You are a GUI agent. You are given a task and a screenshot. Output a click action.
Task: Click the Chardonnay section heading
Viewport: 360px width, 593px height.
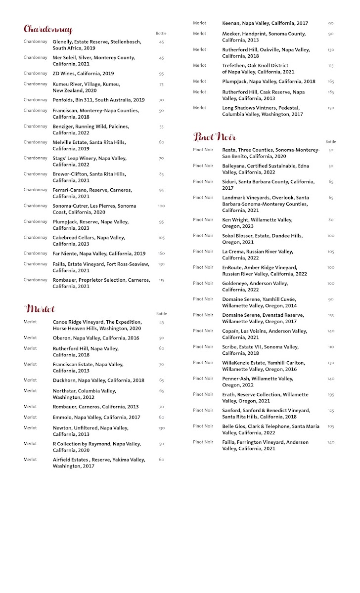click(48, 30)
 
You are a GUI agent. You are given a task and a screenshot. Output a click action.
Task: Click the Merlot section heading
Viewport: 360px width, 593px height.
click(40, 309)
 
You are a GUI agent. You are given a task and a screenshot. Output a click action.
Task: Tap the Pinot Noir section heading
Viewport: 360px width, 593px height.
click(215, 137)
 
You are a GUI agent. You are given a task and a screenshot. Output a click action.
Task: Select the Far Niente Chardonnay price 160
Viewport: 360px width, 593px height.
click(161, 254)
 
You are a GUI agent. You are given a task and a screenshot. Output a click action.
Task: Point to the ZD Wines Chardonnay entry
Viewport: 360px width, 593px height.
click(83, 74)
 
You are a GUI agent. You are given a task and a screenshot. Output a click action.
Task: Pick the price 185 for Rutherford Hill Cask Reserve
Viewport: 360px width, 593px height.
click(331, 92)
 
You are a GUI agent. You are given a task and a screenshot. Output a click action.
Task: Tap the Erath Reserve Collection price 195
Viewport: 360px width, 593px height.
click(331, 395)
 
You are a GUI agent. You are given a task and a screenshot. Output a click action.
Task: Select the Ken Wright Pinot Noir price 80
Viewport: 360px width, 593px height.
click(331, 220)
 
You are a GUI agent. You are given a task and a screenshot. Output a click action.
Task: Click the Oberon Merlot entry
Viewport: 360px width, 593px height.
click(96, 338)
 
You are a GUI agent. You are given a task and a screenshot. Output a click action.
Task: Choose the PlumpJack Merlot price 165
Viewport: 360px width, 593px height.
click(331, 82)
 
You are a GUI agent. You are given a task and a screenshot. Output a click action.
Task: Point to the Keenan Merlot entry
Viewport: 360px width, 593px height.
click(265, 23)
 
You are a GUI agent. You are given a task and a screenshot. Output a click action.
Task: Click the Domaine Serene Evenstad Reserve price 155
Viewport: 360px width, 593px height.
click(331, 315)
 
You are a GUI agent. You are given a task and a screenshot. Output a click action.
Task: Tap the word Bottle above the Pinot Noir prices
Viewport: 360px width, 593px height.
click(330, 142)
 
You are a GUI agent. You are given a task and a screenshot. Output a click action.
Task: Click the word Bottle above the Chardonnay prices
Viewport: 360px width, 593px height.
click(161, 34)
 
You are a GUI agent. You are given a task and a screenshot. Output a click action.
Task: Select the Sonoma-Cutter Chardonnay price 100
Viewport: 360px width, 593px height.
click(161, 206)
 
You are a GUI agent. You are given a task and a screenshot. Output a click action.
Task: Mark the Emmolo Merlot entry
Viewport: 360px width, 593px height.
click(96, 417)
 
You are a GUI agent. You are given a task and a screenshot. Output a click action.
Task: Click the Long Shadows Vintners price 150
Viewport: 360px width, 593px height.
click(331, 108)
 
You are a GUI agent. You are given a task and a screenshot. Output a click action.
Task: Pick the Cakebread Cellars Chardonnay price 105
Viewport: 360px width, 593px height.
click(161, 238)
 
